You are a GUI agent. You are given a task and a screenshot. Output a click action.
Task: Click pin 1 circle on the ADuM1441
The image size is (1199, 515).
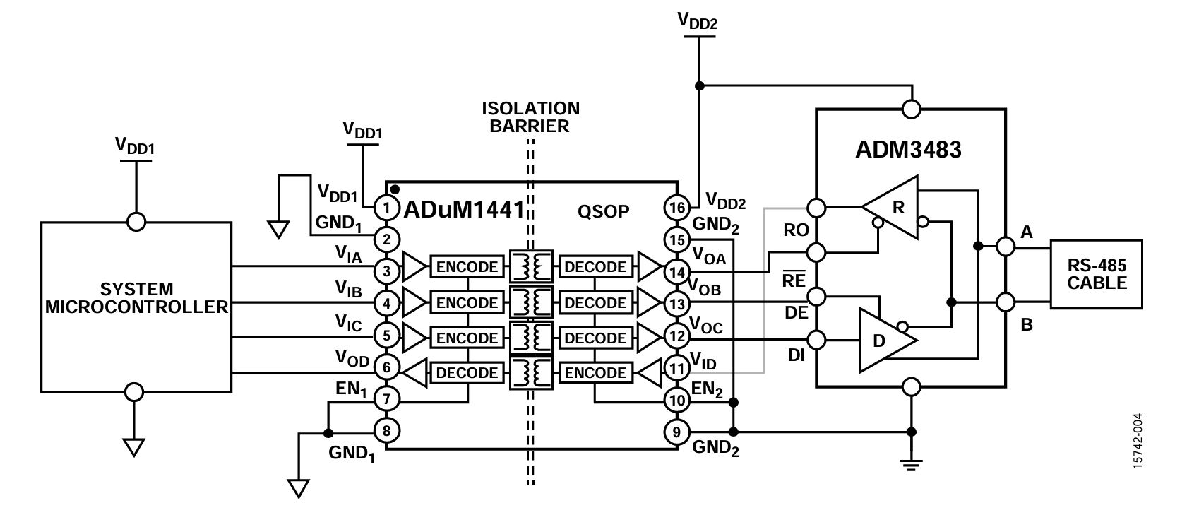coord(386,207)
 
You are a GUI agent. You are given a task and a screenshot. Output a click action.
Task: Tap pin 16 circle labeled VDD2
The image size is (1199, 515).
coord(677,207)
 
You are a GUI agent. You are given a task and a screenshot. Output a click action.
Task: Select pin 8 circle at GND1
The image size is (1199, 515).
coord(386,431)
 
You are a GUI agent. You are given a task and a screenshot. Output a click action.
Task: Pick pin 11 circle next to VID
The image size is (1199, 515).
coord(677,368)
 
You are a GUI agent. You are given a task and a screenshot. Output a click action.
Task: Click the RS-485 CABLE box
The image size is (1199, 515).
coord(1096,274)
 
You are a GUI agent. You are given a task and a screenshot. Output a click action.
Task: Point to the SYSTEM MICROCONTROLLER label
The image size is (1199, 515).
coord(136,298)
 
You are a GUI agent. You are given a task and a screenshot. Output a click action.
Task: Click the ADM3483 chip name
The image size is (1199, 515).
coord(908,149)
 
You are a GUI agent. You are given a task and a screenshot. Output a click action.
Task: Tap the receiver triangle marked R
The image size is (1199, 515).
coord(890,207)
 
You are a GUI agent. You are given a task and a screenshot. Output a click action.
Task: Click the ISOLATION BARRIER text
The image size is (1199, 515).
coord(530,117)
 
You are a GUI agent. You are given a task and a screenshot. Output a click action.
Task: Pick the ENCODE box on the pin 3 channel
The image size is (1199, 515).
coord(467,266)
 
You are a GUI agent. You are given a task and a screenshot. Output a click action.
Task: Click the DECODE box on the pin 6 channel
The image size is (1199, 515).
coord(467,373)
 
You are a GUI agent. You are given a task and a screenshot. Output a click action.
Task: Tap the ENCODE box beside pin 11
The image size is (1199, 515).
coord(595,373)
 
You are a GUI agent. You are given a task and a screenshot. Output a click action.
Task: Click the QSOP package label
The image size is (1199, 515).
coord(603,211)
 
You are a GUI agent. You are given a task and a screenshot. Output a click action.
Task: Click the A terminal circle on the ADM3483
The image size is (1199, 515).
coord(1006,247)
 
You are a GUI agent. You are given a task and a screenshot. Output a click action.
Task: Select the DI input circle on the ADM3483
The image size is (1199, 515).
coord(816,339)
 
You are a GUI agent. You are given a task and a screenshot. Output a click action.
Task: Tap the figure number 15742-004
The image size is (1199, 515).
coord(1138,441)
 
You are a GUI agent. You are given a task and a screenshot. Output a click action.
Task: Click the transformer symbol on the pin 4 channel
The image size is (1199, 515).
coord(531,302)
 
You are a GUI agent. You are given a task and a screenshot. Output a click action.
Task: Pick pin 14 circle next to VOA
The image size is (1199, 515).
coord(677,272)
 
